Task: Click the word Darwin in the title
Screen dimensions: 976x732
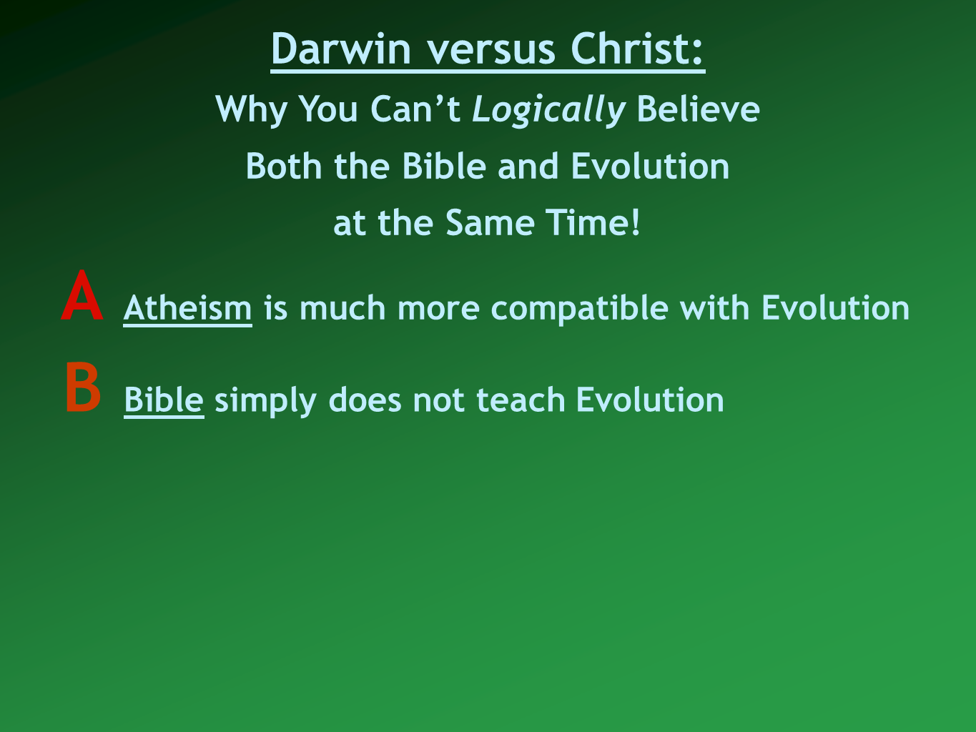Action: click(341, 49)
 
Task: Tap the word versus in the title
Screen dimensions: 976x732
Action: click(491, 51)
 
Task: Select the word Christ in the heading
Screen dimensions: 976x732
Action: click(631, 48)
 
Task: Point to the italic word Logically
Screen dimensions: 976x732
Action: click(548, 110)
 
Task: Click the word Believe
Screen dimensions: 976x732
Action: click(699, 108)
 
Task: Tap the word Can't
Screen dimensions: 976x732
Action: click(415, 108)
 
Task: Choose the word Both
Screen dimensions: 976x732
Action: click(284, 165)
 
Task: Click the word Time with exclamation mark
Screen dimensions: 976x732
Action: click(593, 222)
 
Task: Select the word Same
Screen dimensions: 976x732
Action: click(490, 222)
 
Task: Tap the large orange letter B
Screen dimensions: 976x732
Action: click(83, 387)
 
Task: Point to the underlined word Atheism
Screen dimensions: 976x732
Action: click(187, 307)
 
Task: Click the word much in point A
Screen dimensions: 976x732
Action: click(342, 307)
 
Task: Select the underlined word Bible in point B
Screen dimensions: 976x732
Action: click(164, 400)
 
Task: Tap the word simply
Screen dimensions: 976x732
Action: click(265, 401)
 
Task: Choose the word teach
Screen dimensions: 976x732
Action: click(521, 400)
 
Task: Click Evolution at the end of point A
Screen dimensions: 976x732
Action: click(835, 307)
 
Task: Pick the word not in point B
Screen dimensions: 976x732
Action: click(439, 400)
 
